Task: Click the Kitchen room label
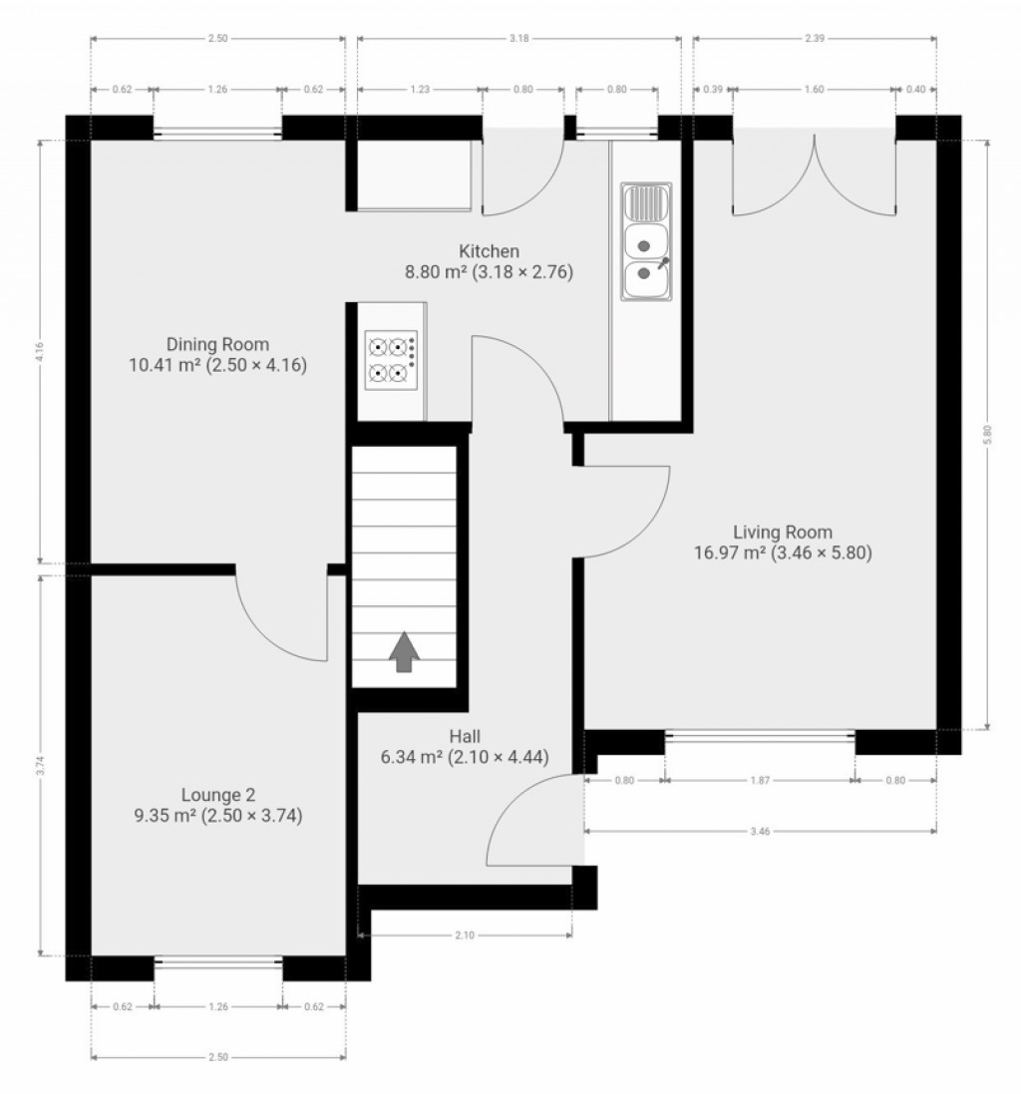(x=489, y=251)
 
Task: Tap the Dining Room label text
(x=217, y=345)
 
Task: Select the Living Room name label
(x=783, y=532)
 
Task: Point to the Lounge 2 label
(x=217, y=795)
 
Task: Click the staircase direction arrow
(x=404, y=652)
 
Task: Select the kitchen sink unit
(x=646, y=241)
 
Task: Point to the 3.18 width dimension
(x=518, y=39)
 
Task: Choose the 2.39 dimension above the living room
(x=815, y=39)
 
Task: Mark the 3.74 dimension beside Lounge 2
(x=40, y=765)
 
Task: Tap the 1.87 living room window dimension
(x=760, y=781)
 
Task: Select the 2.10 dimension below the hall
(x=465, y=935)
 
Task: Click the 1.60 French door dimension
(x=814, y=90)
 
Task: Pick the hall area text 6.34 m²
(x=412, y=757)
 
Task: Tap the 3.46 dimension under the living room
(x=760, y=830)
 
